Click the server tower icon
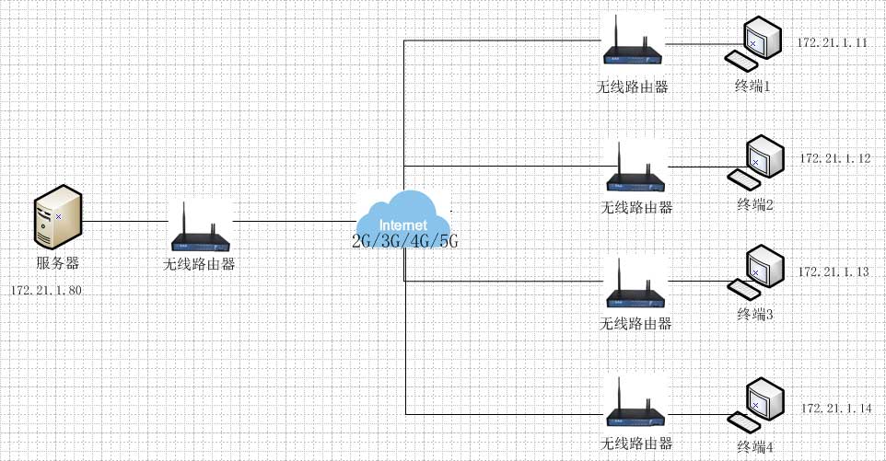pos(57,217)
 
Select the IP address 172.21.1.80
pos(47,290)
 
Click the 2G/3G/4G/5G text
pos(404,241)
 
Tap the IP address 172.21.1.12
pos(835,158)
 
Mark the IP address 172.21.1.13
pos(834,272)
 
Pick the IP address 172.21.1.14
pos(835,408)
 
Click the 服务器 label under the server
pos(58,263)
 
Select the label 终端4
pos(755,447)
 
